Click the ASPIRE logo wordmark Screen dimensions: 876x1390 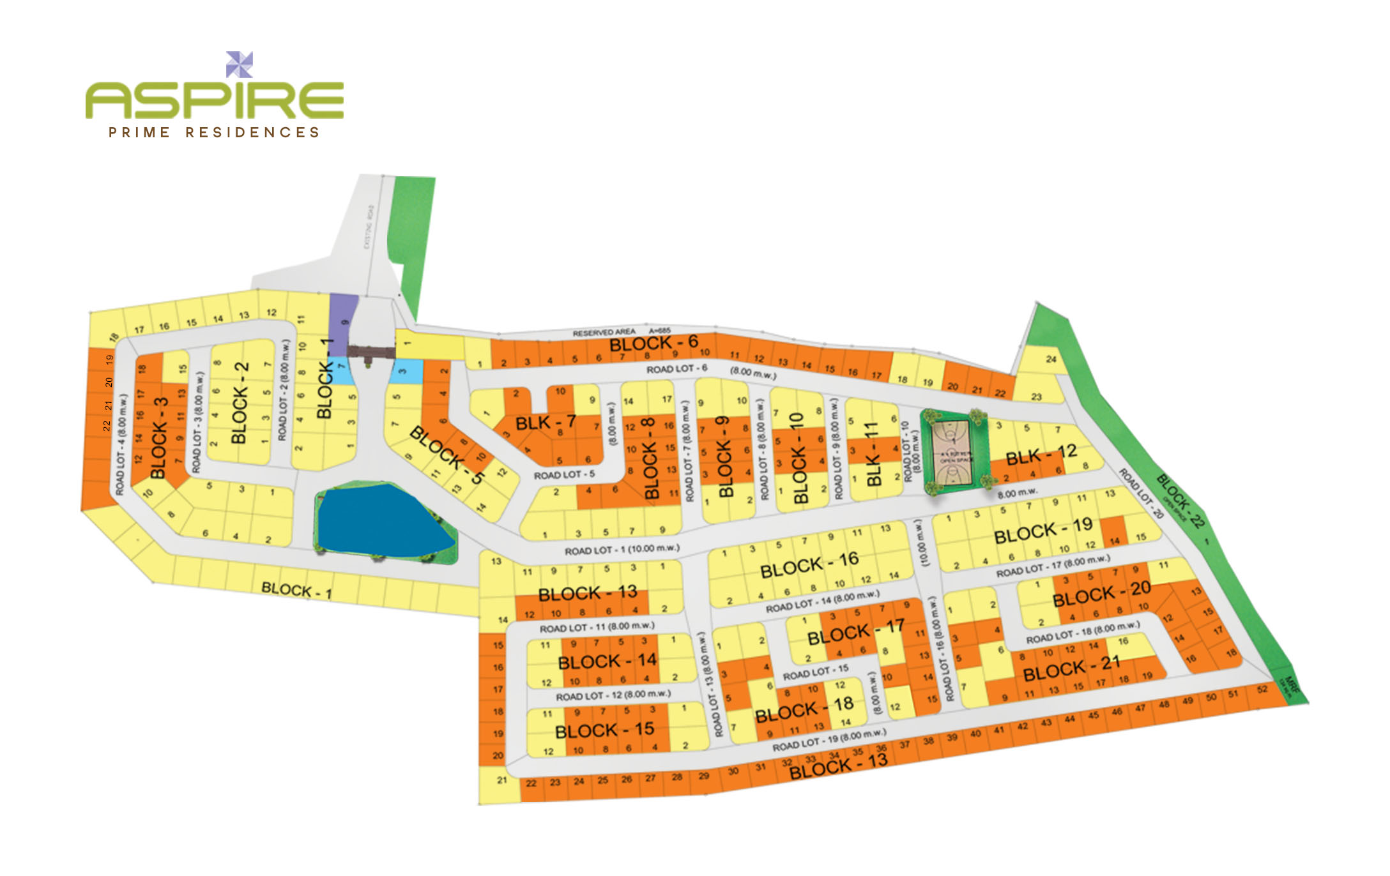click(x=215, y=100)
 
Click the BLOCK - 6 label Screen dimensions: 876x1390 click(x=653, y=344)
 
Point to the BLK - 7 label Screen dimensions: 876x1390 click(x=546, y=422)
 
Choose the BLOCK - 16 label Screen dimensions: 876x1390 click(x=809, y=564)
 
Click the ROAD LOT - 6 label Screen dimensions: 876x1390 click(x=676, y=369)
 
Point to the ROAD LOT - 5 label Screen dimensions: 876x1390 click(x=564, y=475)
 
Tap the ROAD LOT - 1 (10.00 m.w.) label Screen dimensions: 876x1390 click(x=622, y=549)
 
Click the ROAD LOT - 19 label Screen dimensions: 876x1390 click(x=829, y=741)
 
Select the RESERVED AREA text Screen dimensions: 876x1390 click(x=604, y=333)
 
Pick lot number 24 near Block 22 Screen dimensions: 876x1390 click(x=1051, y=359)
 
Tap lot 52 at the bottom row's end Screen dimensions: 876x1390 click(x=1262, y=690)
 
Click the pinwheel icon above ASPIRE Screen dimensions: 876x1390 click(x=240, y=64)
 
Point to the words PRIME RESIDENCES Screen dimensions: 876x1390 click(x=214, y=133)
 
